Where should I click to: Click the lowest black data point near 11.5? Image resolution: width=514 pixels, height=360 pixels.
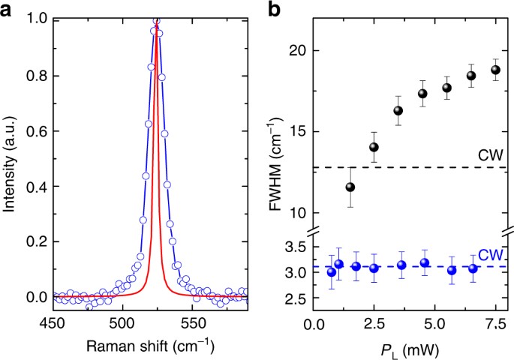(350, 187)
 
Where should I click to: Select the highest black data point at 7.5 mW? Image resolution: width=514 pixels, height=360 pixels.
(495, 70)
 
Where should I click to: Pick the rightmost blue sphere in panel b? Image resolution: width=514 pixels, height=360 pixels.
(493, 268)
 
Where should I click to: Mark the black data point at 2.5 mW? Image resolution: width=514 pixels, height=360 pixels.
(374, 147)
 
